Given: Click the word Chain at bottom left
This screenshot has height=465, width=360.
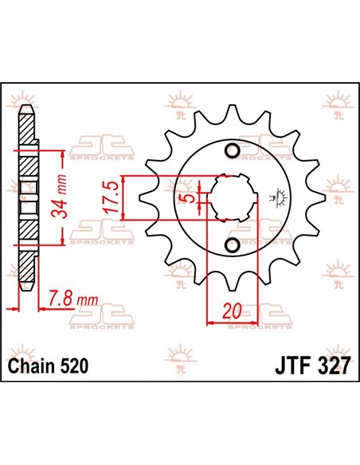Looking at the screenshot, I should (32, 368).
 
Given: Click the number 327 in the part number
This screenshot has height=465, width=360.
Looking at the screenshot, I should (329, 368).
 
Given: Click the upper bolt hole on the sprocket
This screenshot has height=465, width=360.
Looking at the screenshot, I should (233, 152).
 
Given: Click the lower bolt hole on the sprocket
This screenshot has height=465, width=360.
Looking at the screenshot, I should (233, 244).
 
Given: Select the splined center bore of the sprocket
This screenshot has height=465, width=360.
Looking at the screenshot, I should (231, 197).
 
